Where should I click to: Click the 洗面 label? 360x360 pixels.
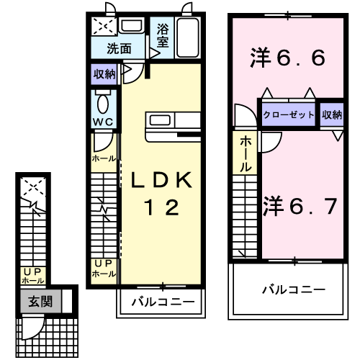click(119, 49)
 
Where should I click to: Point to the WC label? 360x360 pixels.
click(102, 120)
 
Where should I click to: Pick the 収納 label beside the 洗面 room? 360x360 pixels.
click(104, 73)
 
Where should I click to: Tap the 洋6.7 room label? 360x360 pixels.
click(300, 207)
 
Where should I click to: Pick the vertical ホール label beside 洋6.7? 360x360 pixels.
click(246, 153)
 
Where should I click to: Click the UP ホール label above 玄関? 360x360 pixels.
click(33, 276)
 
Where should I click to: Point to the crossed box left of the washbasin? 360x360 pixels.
click(103, 27)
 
